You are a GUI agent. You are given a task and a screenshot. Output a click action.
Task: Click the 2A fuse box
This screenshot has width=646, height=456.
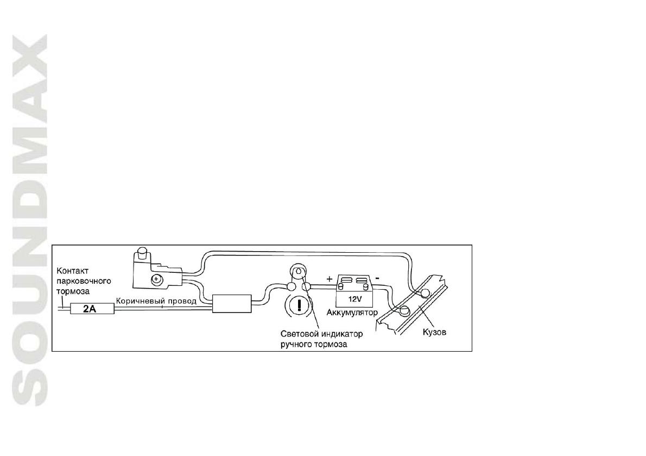[x=89, y=309]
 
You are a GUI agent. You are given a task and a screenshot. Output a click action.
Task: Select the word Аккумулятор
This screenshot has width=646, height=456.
[x=352, y=314]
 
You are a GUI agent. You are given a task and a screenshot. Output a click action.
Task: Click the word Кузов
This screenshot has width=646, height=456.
[x=434, y=332]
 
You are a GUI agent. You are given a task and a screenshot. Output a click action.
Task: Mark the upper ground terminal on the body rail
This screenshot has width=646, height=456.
[x=425, y=294]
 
